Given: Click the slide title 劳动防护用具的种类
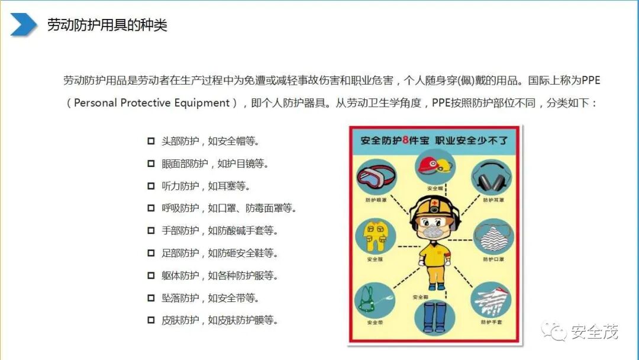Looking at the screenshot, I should tap(107, 25).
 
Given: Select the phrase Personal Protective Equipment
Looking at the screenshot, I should tap(151, 103).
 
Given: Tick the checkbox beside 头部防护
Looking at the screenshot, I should tap(151, 142).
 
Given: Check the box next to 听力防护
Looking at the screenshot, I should tap(151, 187).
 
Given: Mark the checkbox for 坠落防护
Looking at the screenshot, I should tap(151, 298).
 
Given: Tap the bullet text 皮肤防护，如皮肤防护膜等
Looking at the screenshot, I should tap(220, 321).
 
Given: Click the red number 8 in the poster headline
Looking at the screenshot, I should tap(406, 141).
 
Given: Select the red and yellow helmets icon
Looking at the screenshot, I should tap(434, 165).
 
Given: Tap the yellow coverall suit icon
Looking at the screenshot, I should tap(375, 236).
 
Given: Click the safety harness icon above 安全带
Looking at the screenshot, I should tap(375, 301).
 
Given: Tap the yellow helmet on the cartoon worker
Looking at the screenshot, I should tap(433, 207).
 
